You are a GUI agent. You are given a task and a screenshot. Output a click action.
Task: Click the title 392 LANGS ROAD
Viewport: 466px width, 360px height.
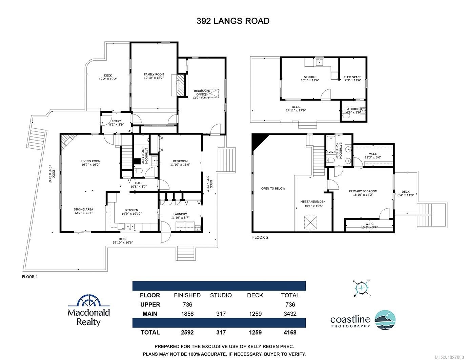point(233,21)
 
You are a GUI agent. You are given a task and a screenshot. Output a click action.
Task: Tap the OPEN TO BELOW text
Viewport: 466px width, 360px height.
point(273,189)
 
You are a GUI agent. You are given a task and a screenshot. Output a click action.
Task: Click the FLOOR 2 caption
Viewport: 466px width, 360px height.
point(260,237)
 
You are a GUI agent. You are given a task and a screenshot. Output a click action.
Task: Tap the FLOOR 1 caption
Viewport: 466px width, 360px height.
point(30,277)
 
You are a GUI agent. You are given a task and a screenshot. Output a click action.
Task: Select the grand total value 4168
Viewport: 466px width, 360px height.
point(290,332)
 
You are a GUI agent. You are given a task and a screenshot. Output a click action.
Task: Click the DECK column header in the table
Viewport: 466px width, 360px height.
point(255,295)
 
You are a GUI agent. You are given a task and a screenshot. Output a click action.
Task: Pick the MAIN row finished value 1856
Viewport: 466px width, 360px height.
point(187,314)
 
